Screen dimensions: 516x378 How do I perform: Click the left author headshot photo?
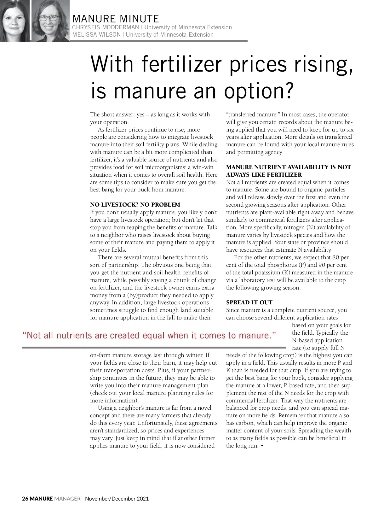pos(14,21)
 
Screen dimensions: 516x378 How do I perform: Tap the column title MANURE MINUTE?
pos(116,19)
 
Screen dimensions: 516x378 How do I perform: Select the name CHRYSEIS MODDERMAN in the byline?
pos(105,27)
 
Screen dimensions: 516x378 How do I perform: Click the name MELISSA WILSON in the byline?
pos(96,35)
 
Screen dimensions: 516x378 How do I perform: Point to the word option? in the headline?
pos(259,91)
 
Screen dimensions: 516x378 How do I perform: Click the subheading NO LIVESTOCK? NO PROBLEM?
pos(135,205)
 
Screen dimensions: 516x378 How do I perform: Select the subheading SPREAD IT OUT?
pos(249,302)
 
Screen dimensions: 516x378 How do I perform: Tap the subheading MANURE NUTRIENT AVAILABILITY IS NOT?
pos(288,167)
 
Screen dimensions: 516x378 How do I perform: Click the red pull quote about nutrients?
pos(149,336)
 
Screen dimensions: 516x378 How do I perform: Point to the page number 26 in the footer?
pos(25,499)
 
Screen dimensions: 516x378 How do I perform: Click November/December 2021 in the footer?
pos(117,499)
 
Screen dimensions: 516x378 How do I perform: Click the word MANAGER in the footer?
pos(67,499)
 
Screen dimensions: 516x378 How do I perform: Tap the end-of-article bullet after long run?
pos(262,446)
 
